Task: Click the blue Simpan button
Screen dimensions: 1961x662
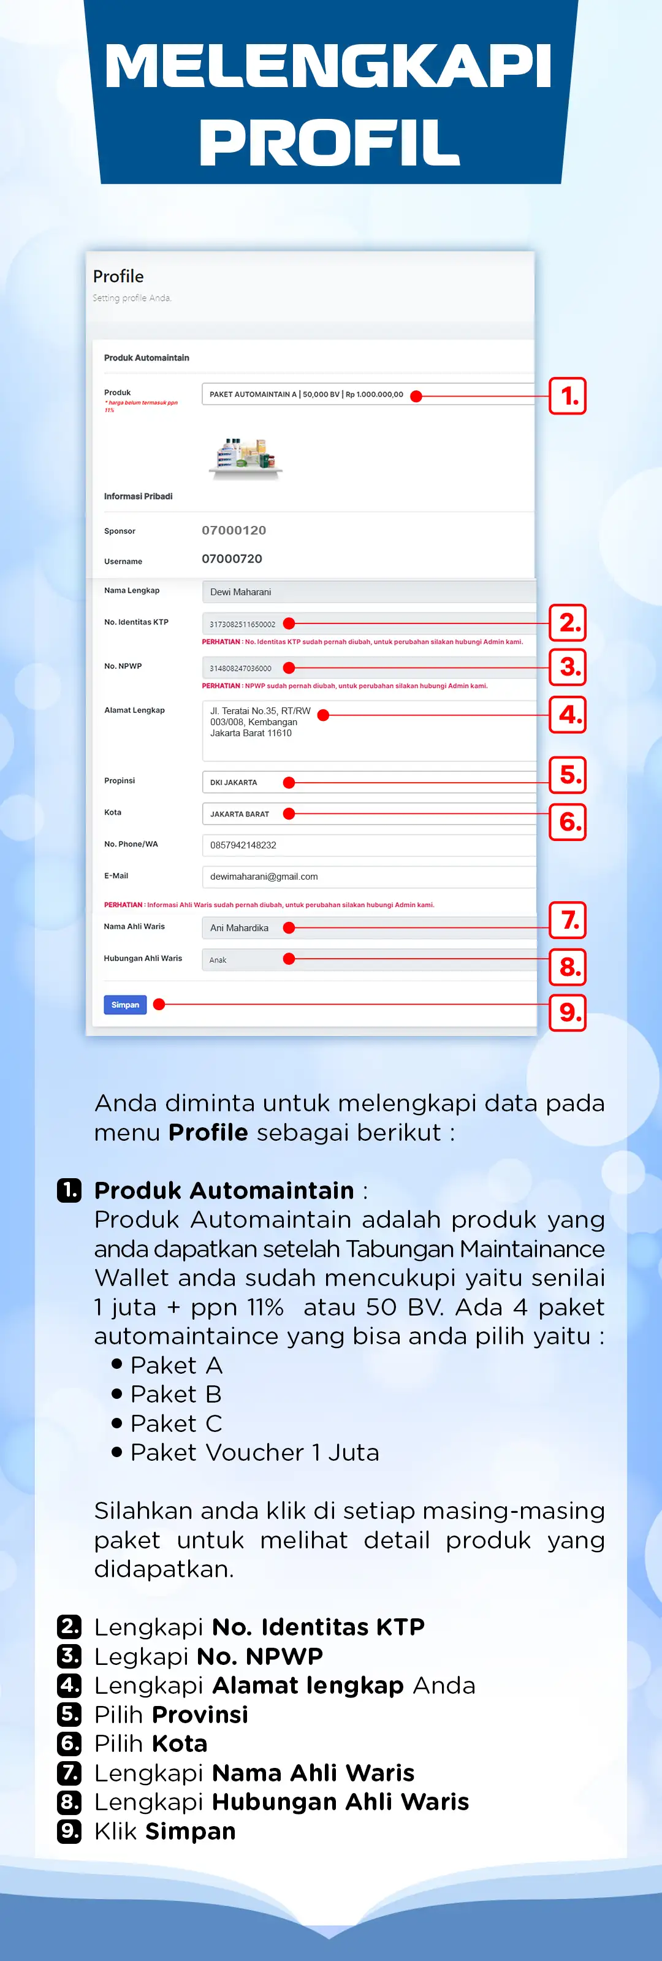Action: tap(125, 1005)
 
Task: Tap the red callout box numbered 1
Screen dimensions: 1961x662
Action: tap(568, 396)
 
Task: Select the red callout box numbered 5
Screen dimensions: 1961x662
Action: tap(568, 775)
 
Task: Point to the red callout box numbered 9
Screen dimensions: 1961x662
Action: tap(568, 1013)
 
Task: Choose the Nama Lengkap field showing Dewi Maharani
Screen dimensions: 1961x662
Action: tap(368, 592)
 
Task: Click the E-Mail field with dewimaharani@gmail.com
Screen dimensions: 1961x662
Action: tap(368, 876)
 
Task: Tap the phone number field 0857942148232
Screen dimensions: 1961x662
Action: tap(368, 845)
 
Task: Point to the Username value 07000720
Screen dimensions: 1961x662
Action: tap(232, 559)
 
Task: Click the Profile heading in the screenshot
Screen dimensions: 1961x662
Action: tap(118, 276)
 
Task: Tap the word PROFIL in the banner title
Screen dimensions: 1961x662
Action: tap(330, 142)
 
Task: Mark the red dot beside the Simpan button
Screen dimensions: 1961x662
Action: tap(159, 1005)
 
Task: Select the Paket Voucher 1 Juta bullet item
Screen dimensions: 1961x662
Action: tap(254, 1452)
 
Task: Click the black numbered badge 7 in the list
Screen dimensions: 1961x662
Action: tap(69, 1773)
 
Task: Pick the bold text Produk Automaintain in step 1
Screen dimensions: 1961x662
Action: tap(224, 1190)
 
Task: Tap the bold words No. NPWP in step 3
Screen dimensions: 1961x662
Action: tap(259, 1656)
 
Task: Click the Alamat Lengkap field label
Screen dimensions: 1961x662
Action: tap(135, 710)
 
